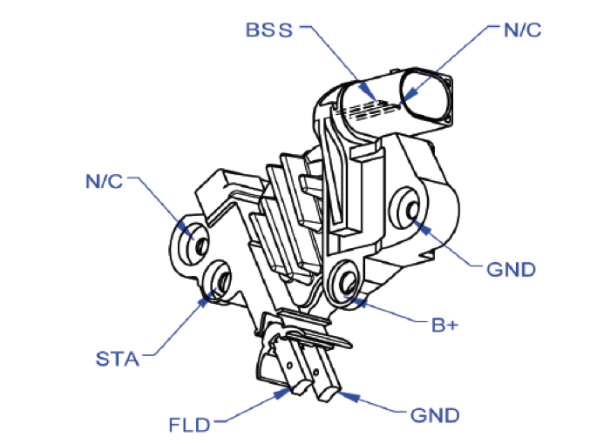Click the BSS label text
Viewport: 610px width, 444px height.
click(x=272, y=29)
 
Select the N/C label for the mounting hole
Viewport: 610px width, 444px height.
click(x=105, y=182)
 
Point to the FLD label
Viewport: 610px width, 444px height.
click(x=189, y=427)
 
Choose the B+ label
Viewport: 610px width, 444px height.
click(x=444, y=326)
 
